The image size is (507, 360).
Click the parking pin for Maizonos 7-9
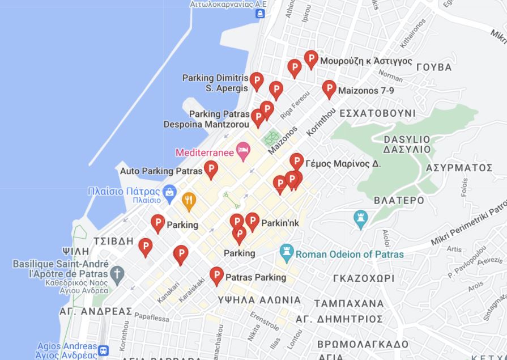329,89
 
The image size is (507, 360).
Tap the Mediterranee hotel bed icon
244,152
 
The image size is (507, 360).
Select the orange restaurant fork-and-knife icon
189,200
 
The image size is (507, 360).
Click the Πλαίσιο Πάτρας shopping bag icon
169,193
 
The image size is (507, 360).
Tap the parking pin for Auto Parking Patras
211,169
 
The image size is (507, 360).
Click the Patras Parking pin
216,276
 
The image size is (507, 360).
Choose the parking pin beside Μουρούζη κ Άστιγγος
311,59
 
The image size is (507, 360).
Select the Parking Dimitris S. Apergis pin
257,81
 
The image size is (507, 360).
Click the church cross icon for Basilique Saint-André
117,274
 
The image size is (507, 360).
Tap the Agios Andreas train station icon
103,351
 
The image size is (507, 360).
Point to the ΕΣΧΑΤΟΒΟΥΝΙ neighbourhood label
377,113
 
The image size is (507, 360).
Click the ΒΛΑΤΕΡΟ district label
399,201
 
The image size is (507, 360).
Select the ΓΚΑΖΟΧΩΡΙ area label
363,278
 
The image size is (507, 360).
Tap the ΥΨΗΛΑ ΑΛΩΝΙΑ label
259,300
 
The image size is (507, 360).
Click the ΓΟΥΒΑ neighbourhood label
433,67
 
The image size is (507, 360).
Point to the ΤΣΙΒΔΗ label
113,241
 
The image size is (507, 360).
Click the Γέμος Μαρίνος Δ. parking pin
296,162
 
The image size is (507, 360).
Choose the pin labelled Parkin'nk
252,221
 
